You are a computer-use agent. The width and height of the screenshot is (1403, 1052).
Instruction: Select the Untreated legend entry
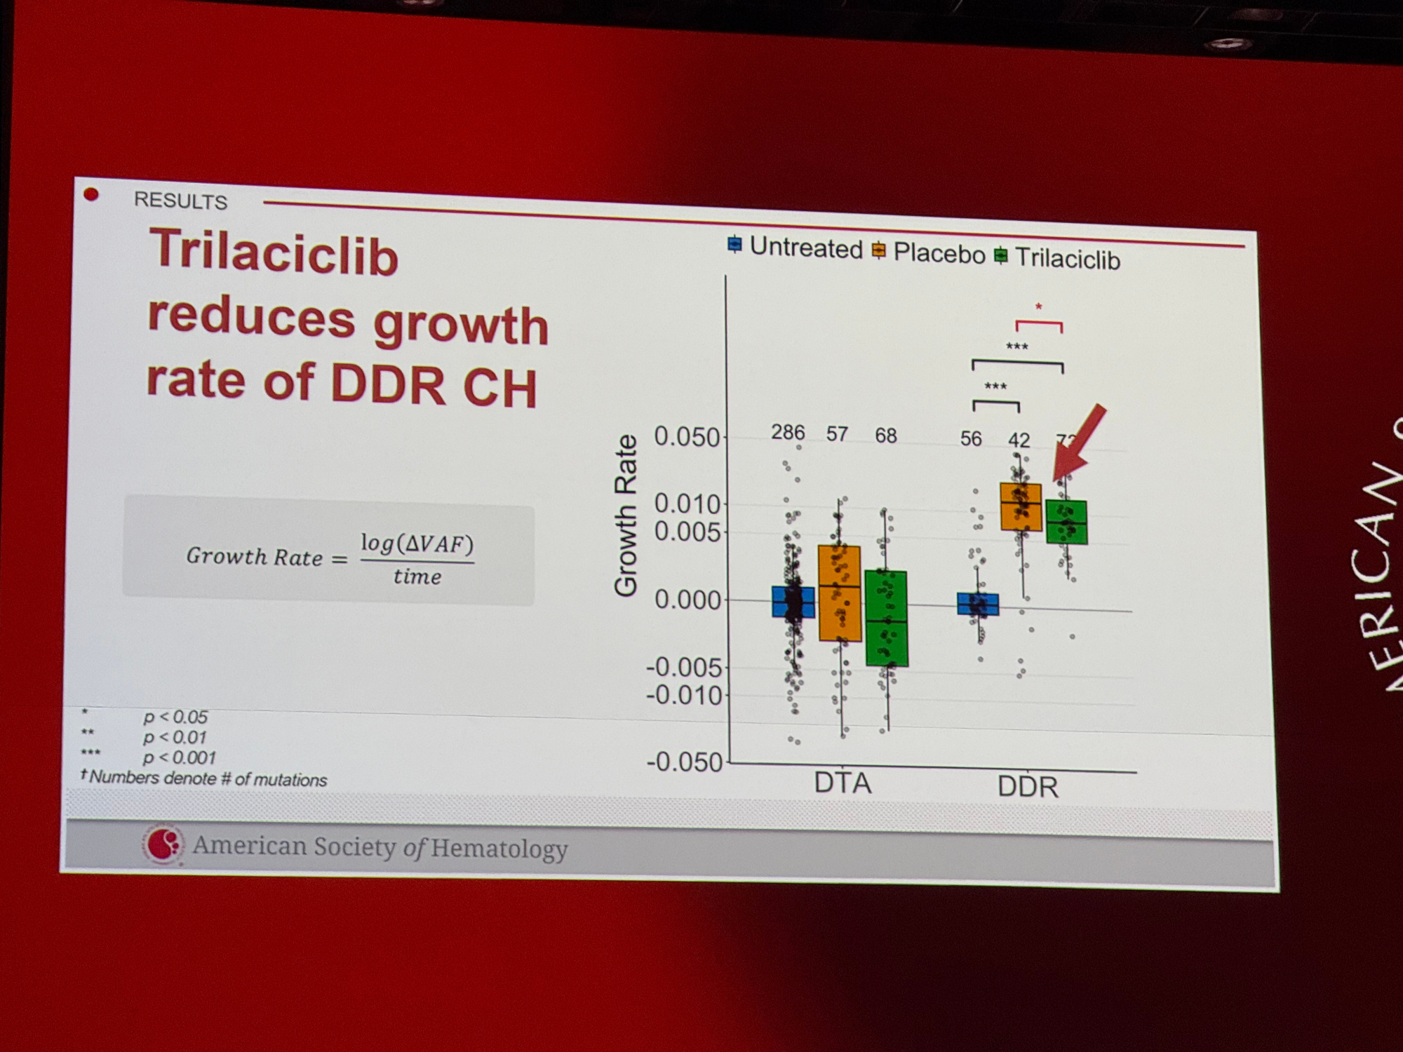[796, 247]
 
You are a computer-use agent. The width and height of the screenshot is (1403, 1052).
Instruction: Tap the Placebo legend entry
[929, 252]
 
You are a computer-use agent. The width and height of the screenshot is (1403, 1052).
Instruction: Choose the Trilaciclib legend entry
[1058, 257]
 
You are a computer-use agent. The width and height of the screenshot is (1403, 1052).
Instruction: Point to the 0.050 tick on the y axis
[686, 436]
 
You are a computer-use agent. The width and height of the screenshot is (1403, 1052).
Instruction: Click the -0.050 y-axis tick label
[684, 762]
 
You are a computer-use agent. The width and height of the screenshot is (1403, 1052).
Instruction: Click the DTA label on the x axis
[843, 783]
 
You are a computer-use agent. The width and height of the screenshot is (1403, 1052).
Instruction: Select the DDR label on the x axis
[1028, 787]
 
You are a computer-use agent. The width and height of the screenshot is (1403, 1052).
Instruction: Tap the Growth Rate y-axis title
[625, 515]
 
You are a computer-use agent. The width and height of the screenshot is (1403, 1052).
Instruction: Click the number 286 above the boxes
[788, 432]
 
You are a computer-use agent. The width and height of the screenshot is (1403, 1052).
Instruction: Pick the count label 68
[885, 436]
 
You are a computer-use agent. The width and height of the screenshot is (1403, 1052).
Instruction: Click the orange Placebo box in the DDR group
[1021, 506]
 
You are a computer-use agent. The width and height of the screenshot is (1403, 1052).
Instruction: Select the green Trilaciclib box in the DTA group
[887, 618]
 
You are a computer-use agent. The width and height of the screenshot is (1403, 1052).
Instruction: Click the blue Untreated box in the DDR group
[978, 604]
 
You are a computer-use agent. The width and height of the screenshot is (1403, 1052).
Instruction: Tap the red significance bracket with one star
[1039, 323]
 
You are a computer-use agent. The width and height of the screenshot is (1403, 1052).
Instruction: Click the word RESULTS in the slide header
[180, 201]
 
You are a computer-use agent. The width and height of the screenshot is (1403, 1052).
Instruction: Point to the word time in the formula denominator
[417, 576]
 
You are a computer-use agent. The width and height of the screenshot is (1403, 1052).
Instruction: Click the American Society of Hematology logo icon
[163, 844]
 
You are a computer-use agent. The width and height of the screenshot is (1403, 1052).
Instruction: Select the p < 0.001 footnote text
[179, 757]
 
